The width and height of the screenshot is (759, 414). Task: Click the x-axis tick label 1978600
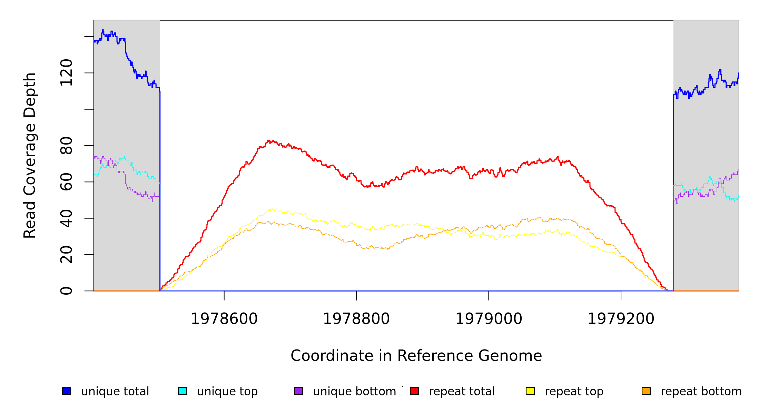click(224, 319)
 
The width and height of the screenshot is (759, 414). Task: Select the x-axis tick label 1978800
click(356, 319)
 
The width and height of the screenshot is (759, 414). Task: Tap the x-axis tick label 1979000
click(489, 319)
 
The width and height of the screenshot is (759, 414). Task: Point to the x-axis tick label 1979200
click(621, 319)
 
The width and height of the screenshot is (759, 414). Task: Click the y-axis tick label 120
click(66, 73)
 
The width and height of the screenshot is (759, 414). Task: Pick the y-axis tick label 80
click(66, 146)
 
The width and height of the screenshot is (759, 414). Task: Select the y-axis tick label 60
click(66, 182)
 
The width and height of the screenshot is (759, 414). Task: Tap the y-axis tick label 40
click(66, 218)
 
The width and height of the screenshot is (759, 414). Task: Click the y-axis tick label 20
click(66, 255)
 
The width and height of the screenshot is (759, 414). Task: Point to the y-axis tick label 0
click(66, 291)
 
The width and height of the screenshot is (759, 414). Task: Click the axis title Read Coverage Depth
click(30, 155)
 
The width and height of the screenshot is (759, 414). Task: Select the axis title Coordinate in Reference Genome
click(416, 356)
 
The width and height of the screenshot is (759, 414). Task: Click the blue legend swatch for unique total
click(67, 391)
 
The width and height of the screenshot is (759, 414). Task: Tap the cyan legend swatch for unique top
click(183, 391)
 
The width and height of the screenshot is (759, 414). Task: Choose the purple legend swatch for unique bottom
click(298, 391)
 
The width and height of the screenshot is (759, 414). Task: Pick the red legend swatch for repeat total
click(414, 391)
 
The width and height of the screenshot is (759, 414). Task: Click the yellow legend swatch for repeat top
click(530, 391)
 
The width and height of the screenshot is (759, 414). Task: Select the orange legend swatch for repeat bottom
click(646, 391)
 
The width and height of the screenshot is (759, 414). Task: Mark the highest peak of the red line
click(269, 141)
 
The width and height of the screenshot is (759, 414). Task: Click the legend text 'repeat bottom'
click(701, 392)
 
